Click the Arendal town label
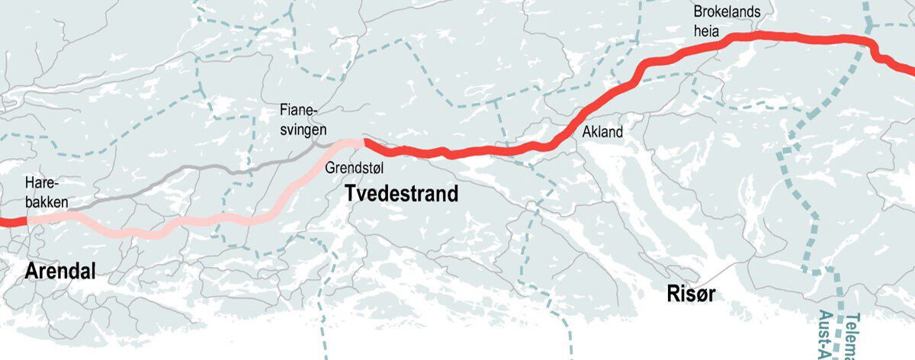(x=60, y=271)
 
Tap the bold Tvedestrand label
(x=402, y=194)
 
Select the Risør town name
(x=691, y=294)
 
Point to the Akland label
(x=602, y=132)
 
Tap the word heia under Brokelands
(x=707, y=30)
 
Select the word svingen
(x=303, y=130)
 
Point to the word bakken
(x=46, y=203)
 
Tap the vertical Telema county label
(x=853, y=336)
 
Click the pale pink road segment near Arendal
(x=152, y=232)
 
